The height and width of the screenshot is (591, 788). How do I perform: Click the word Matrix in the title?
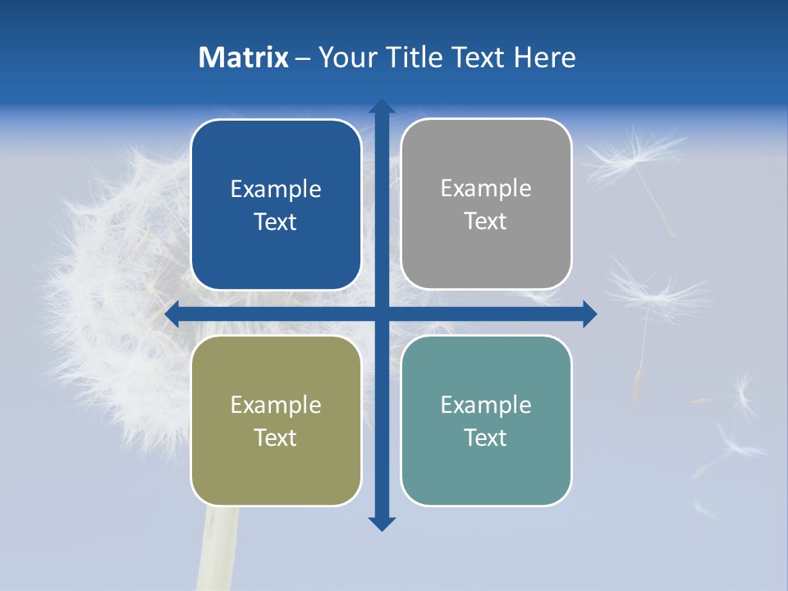point(244,57)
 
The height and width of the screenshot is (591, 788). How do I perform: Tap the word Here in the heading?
point(545,57)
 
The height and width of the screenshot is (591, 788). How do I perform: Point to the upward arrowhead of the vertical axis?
point(382,106)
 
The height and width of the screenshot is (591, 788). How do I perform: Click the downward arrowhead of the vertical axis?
point(382,523)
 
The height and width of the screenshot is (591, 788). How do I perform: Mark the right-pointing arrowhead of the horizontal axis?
point(589,314)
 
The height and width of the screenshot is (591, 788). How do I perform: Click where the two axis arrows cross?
point(382,314)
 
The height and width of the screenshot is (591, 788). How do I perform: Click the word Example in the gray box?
point(486,189)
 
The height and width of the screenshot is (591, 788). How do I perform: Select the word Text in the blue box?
point(276,222)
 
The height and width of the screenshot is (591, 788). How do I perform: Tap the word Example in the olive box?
point(276,405)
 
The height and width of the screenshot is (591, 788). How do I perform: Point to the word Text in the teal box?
point(486,438)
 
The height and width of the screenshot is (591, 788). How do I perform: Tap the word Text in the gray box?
point(486,221)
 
